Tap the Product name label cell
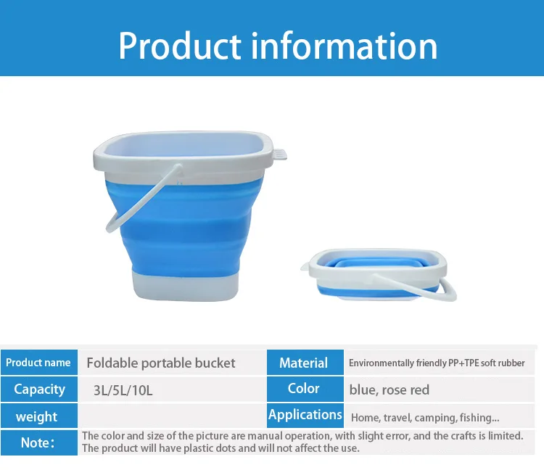pyautogui.click(x=38, y=363)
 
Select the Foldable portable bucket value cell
pyautogui.click(x=161, y=363)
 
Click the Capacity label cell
pyautogui.click(x=38, y=389)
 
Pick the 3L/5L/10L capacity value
pyautogui.click(x=123, y=390)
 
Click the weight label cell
pyautogui.click(x=36, y=416)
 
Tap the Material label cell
pyautogui.click(x=303, y=363)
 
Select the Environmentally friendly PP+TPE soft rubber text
pyautogui.click(x=437, y=363)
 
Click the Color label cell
pyautogui.click(x=303, y=389)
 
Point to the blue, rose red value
pyautogui.click(x=389, y=390)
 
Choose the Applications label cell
pyautogui.click(x=305, y=415)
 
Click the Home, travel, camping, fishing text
pyautogui.click(x=424, y=418)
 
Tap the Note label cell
pyautogui.click(x=37, y=442)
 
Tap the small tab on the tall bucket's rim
pyautogui.click(x=280, y=154)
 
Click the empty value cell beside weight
pyautogui.click(x=170, y=416)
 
